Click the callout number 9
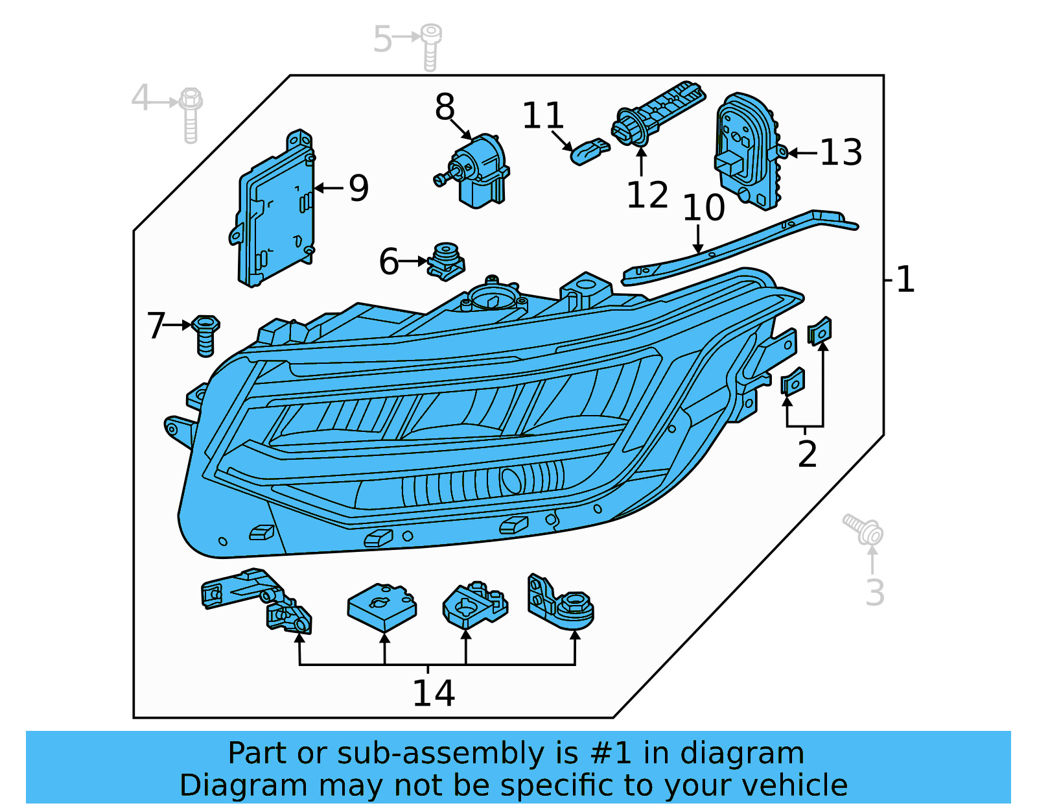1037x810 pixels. click(358, 188)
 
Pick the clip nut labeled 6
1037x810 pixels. click(446, 261)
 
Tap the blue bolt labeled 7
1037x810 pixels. click(205, 334)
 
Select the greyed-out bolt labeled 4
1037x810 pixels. click(191, 114)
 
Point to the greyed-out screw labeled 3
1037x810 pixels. click(865, 529)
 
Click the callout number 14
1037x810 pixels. click(433, 693)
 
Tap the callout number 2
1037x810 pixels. click(807, 453)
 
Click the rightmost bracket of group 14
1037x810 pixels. click(559, 602)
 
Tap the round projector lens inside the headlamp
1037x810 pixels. click(512, 480)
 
